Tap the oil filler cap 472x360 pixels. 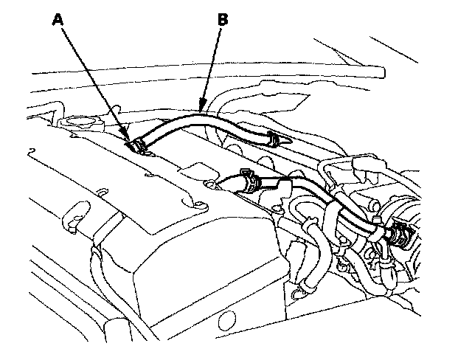79,122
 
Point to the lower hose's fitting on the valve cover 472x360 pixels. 217,184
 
